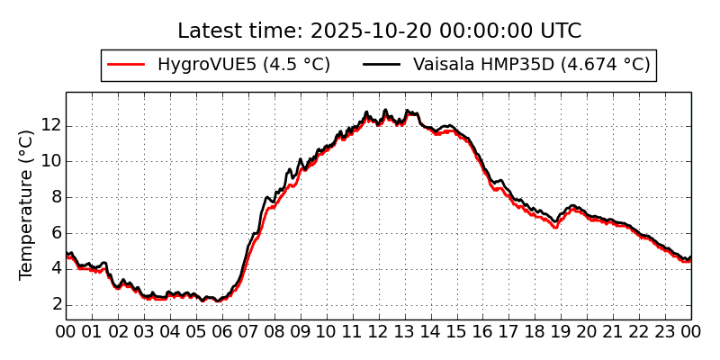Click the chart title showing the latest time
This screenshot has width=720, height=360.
point(379,31)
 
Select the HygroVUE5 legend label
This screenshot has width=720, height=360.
point(243,65)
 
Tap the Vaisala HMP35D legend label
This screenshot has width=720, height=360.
point(531,65)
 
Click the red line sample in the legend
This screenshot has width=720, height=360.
point(126,65)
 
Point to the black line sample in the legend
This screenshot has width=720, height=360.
point(382,65)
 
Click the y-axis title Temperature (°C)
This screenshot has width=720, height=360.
point(27,204)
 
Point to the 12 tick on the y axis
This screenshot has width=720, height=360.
point(50,125)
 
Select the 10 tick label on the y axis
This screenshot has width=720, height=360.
point(50,161)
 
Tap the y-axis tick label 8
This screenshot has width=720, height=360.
point(55,197)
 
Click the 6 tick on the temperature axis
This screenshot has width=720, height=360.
point(55,232)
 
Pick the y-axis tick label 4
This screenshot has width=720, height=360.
point(55,268)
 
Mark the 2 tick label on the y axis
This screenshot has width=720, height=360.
point(55,304)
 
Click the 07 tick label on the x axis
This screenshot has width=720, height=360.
point(248,333)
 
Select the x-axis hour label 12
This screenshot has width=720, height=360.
point(379,333)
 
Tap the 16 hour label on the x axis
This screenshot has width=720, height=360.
point(483,333)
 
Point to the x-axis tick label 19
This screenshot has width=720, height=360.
point(562,333)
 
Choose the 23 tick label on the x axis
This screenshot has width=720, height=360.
point(666,333)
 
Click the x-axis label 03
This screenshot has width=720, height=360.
point(144,333)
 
